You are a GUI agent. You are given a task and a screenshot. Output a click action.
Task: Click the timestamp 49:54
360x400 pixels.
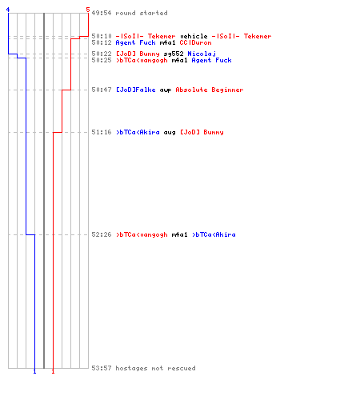(102, 13)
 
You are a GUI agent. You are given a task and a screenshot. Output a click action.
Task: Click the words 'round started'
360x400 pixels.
(142, 13)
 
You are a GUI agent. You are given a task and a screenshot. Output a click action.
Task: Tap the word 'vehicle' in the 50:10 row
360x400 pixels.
(194, 36)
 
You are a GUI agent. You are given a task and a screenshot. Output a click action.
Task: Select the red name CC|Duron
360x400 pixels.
(195, 42)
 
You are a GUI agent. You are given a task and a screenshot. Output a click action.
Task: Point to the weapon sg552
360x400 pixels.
(174, 54)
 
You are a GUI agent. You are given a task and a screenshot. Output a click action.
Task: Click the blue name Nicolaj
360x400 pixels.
(202, 54)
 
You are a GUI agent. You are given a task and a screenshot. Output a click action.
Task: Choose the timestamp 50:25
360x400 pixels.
(102, 60)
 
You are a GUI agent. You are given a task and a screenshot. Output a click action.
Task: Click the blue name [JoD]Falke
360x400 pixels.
(136, 90)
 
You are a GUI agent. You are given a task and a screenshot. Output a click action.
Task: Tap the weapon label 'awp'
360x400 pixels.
(166, 90)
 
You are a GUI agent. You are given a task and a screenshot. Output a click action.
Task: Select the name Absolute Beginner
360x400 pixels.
(210, 90)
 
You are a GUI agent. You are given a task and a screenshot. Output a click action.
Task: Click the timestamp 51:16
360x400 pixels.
(102, 132)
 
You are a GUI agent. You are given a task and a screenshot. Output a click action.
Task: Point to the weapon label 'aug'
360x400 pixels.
(170, 133)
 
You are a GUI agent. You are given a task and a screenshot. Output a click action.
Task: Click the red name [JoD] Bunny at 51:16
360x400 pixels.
(202, 132)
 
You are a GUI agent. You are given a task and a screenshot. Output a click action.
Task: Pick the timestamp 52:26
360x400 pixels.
(102, 234)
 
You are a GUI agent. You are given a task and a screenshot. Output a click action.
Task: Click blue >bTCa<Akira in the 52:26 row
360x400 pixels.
(214, 234)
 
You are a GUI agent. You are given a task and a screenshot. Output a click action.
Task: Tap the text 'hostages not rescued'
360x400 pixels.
(155, 368)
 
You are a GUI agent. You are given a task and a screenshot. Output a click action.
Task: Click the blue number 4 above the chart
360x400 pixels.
(8, 10)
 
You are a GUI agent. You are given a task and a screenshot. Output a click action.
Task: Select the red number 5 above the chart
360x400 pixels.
(88, 10)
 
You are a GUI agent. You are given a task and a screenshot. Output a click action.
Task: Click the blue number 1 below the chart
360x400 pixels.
(34, 371)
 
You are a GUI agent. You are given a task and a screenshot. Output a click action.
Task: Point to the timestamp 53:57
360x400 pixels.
(102, 368)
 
